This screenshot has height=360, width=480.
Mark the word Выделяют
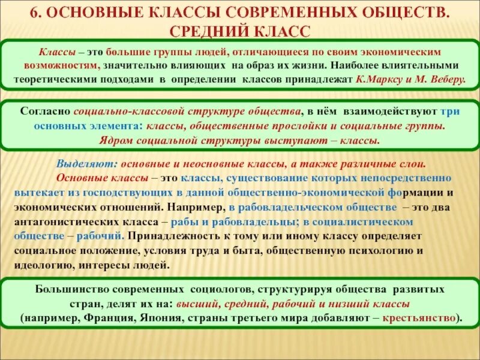coord(83,164)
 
